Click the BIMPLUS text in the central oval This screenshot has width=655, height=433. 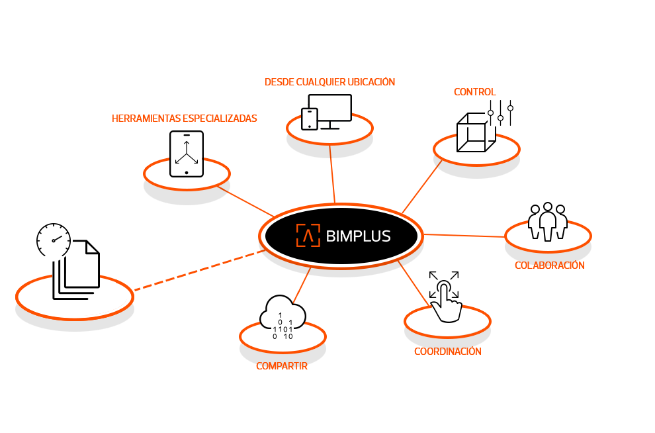point(358,236)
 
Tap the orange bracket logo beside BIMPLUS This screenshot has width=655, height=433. point(308,235)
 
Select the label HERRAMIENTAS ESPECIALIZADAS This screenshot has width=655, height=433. point(184,119)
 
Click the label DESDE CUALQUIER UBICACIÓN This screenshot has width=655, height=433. point(329,82)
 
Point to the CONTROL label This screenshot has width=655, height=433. point(474,92)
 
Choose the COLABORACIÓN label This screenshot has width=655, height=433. point(549,265)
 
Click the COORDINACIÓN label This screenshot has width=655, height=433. point(447,352)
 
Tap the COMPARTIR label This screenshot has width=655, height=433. point(282,366)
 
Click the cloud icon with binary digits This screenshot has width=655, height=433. point(283,318)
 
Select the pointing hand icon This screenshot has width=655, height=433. point(445,302)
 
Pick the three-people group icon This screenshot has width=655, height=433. point(548,222)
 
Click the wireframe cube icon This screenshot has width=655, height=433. point(476,132)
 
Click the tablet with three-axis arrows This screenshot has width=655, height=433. point(187,154)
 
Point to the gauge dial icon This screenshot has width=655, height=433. point(54,240)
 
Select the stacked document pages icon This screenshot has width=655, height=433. point(77,269)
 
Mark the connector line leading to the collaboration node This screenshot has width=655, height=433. point(464,236)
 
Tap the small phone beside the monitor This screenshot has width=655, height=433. point(310,119)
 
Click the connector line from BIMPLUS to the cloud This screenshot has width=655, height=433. point(302,285)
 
